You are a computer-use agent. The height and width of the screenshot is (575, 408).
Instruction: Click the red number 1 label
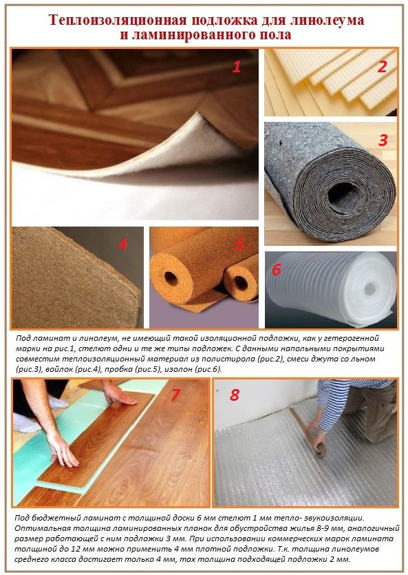237,67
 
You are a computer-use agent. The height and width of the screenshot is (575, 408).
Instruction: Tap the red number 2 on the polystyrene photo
382,66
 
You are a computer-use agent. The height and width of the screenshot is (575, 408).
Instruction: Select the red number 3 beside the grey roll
383,140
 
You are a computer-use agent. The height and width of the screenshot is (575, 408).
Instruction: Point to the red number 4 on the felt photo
122,244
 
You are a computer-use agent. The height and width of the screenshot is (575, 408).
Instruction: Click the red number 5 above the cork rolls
240,244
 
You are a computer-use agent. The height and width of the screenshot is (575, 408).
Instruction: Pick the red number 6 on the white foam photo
277,269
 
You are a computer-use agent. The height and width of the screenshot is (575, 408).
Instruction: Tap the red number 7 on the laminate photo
175,395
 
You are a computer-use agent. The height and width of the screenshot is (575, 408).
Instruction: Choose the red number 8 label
235,395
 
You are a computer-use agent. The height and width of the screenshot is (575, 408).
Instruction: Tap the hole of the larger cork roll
171,277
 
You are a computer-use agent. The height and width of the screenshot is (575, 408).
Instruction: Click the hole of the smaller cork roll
240,283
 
